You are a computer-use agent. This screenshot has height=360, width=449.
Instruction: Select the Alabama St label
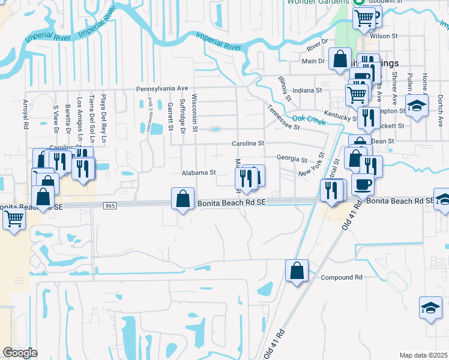click(199, 172)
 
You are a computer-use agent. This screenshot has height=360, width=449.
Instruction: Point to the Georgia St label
click(292, 159)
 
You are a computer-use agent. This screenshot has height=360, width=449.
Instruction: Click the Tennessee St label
click(283, 118)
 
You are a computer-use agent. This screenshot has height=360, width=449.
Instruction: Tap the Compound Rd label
click(342, 277)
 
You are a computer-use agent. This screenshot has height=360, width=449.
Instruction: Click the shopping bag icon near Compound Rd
click(297, 271)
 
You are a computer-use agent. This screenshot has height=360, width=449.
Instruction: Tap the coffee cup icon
click(363, 184)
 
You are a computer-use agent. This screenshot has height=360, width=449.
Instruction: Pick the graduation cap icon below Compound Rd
click(430, 308)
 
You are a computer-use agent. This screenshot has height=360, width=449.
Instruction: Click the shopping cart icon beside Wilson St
click(363, 18)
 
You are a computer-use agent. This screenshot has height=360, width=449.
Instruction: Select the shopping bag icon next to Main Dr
click(340, 59)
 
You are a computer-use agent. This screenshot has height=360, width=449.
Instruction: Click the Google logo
click(20, 352)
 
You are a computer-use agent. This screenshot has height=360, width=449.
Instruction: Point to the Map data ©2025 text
click(423, 355)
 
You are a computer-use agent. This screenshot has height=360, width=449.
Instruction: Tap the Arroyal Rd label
click(26, 115)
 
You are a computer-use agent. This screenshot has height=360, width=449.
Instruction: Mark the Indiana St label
click(307, 90)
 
